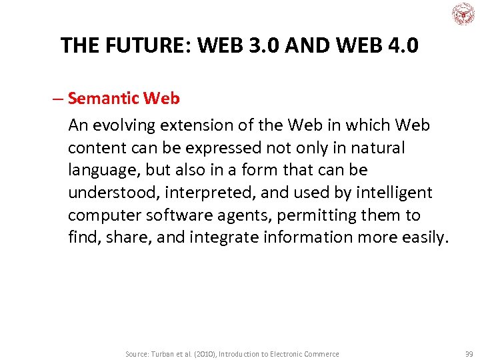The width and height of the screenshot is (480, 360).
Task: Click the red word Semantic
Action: click(x=104, y=99)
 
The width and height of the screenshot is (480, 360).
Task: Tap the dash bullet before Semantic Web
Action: click(x=58, y=99)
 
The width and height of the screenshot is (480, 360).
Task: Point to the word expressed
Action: click(x=198, y=147)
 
